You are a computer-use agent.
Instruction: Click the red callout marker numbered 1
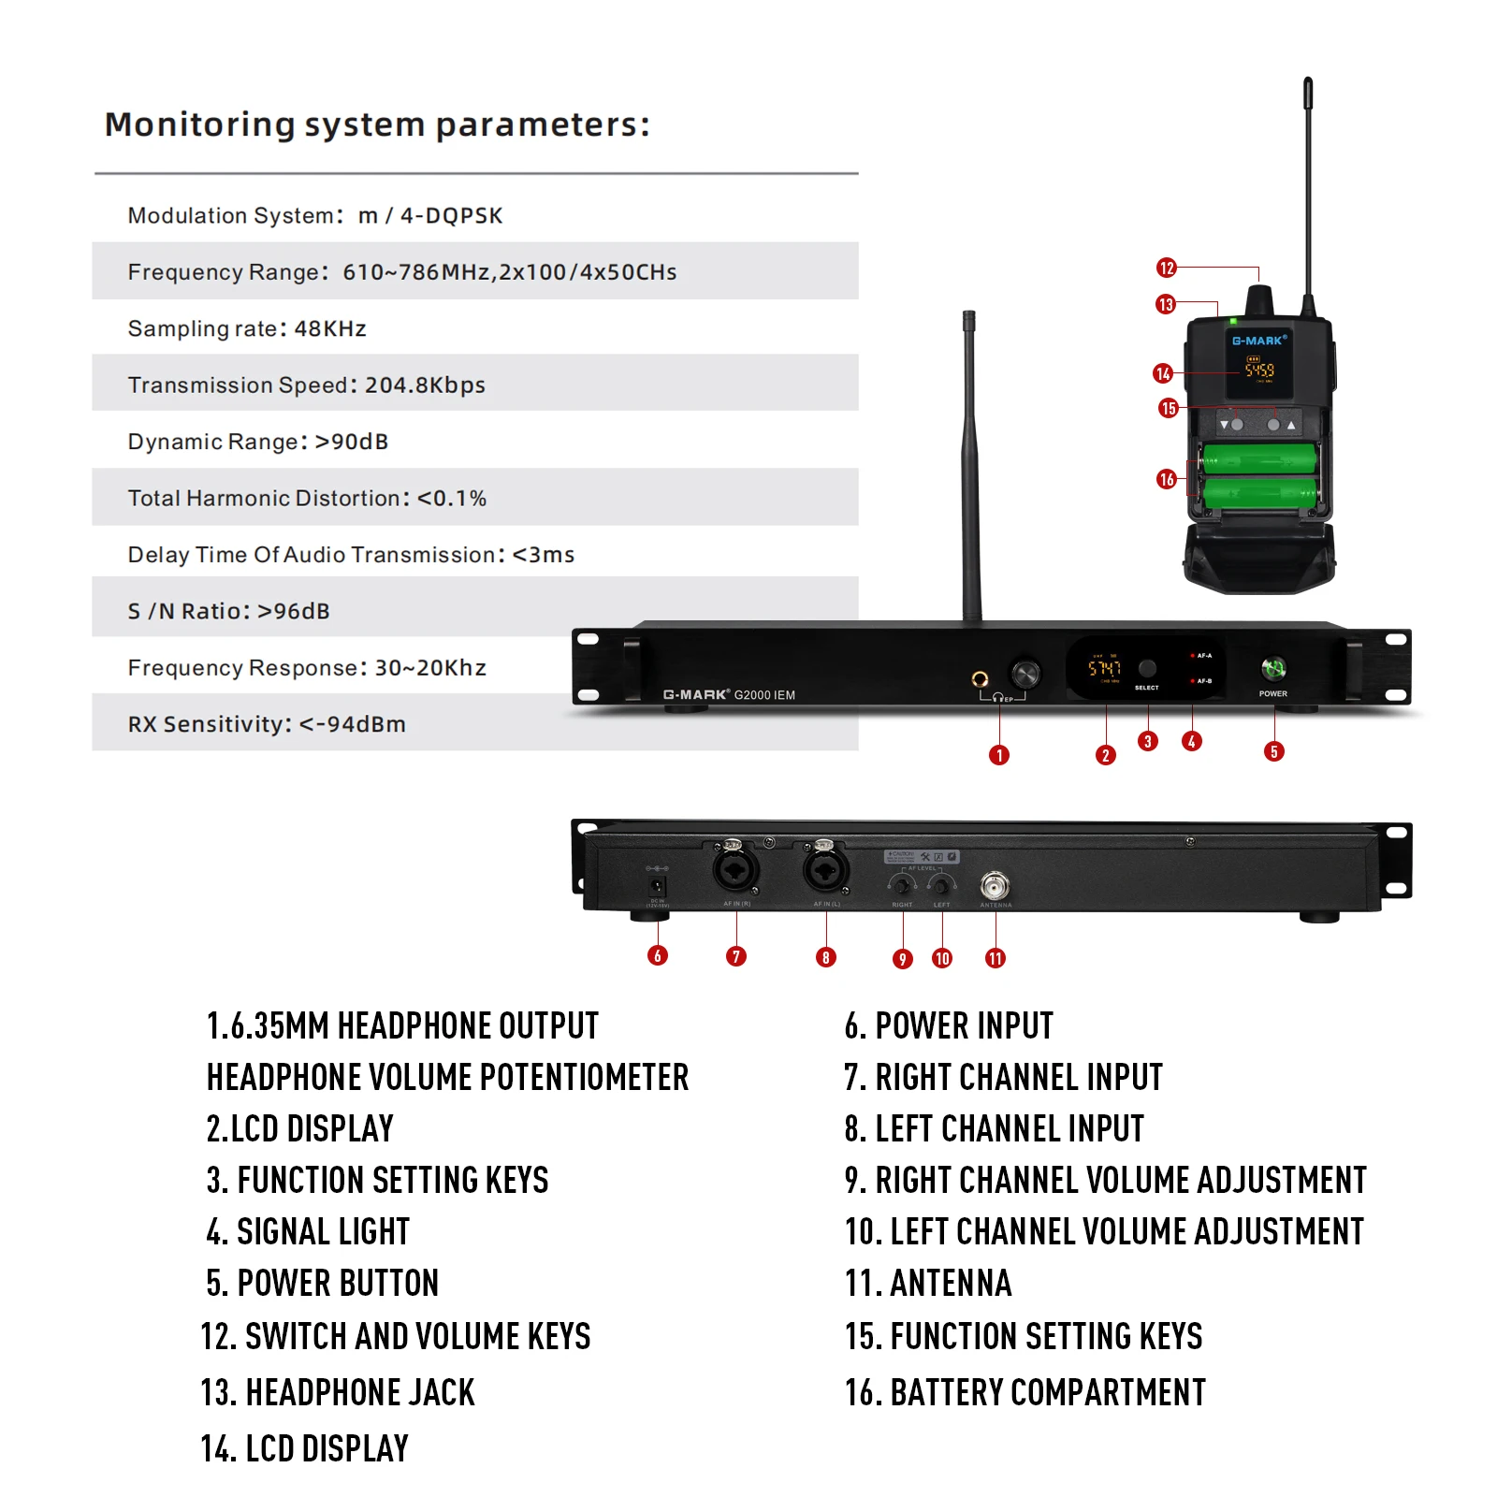(x=999, y=755)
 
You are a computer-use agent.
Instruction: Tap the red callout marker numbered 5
(x=1273, y=751)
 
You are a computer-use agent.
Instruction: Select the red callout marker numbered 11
(x=996, y=958)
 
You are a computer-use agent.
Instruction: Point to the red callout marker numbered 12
(x=1166, y=269)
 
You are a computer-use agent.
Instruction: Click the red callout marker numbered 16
(x=1166, y=479)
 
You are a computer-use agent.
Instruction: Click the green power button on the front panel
(x=1273, y=668)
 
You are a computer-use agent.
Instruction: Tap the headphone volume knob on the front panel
(x=1025, y=673)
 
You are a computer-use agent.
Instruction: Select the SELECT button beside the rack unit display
(x=1147, y=668)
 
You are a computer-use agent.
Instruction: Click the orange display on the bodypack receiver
(x=1258, y=371)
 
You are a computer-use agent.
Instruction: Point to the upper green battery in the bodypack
(x=1259, y=458)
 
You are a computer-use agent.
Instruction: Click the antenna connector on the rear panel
(x=995, y=884)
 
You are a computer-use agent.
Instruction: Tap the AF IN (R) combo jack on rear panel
(x=735, y=871)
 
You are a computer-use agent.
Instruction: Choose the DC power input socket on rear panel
(x=658, y=885)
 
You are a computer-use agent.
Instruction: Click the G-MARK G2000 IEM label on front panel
(x=729, y=695)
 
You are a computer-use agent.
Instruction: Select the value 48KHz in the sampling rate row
(x=330, y=328)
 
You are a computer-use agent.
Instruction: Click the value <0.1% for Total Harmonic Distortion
(x=452, y=498)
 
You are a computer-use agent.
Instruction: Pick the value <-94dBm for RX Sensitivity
(x=352, y=724)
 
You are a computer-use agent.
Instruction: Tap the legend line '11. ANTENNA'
(x=928, y=1283)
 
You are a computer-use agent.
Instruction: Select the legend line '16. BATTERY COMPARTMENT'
(x=1025, y=1392)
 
